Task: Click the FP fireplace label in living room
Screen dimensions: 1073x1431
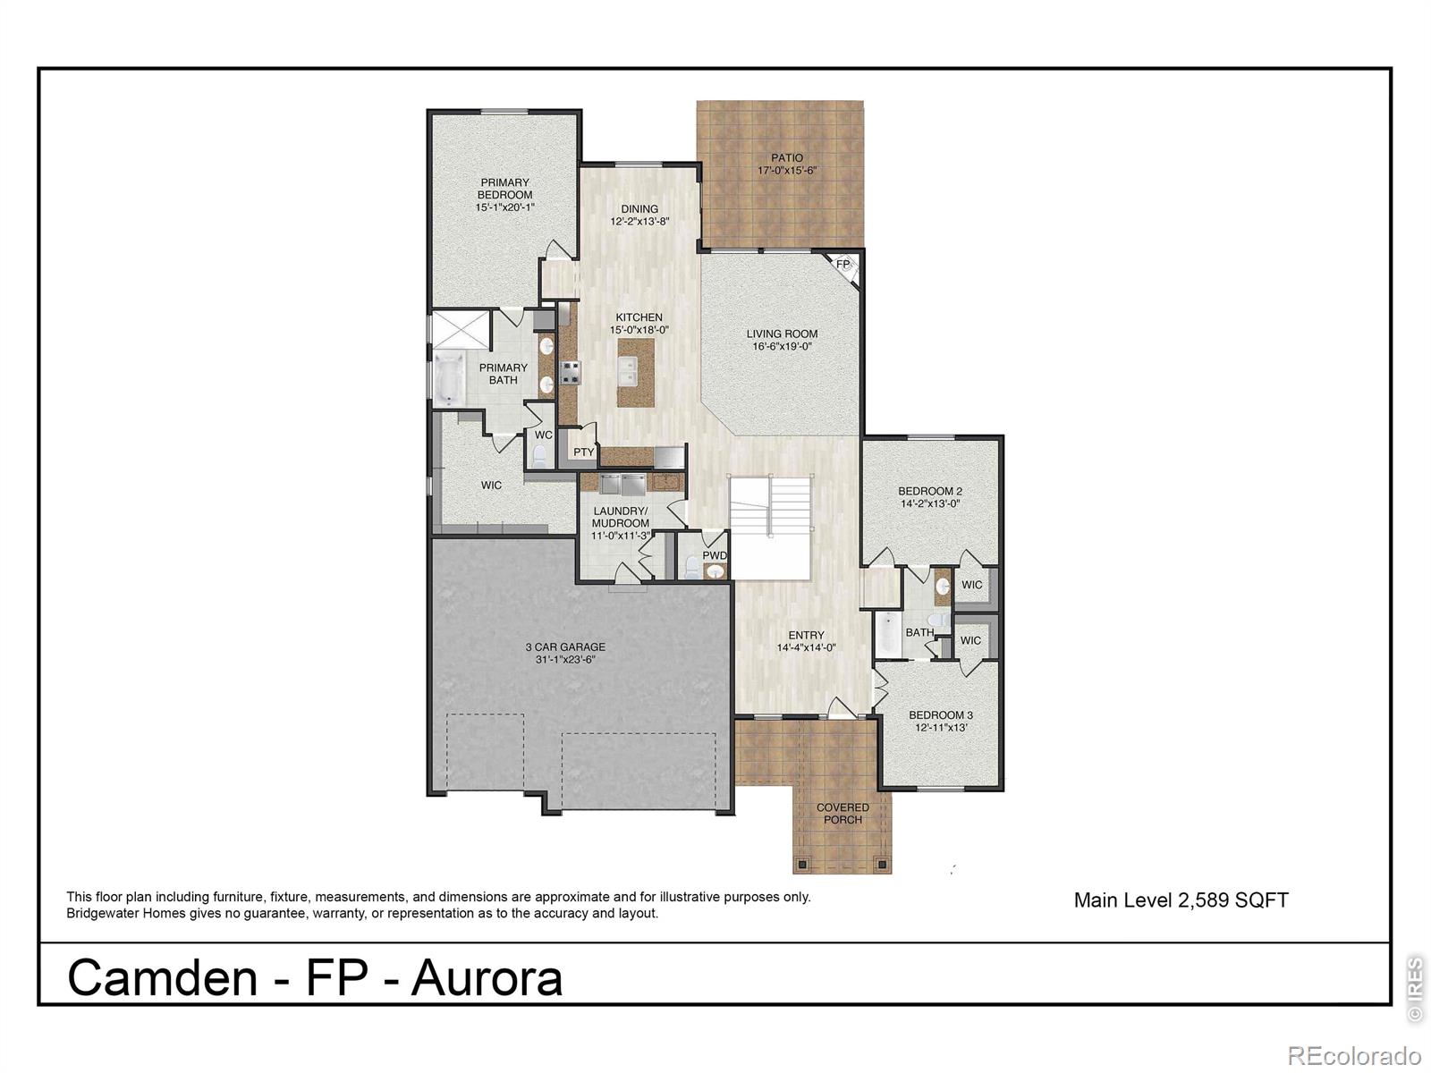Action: point(843,265)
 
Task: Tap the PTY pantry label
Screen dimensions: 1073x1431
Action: point(583,452)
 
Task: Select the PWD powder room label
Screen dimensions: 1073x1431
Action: point(715,555)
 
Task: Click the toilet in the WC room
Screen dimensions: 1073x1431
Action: point(538,457)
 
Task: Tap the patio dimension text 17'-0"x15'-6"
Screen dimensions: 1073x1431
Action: point(788,171)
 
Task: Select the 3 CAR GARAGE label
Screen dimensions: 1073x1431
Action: point(564,646)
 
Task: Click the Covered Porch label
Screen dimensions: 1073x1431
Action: point(843,813)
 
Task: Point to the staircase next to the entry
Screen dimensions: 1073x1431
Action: point(771,506)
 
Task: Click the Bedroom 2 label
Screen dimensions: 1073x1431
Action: point(930,491)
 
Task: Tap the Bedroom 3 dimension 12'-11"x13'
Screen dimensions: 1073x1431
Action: point(941,728)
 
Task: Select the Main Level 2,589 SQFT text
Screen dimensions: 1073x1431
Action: point(1181,900)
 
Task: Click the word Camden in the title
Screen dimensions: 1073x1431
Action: point(162,977)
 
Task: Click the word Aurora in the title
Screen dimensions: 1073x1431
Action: point(487,977)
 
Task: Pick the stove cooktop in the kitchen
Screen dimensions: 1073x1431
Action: point(570,372)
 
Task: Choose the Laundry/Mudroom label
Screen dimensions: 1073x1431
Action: point(620,517)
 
